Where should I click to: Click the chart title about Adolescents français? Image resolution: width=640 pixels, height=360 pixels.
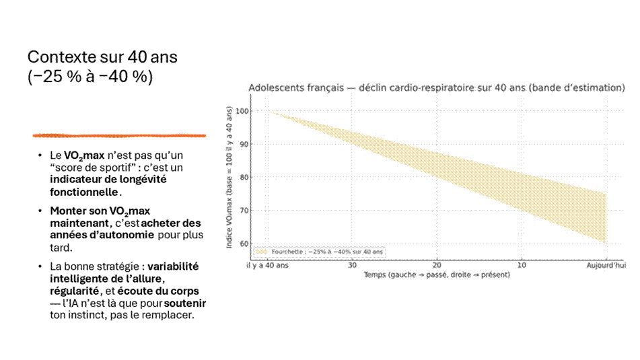[437, 87]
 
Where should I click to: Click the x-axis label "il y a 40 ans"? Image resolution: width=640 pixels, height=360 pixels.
[267, 265]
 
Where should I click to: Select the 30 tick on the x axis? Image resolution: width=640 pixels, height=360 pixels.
[352, 265]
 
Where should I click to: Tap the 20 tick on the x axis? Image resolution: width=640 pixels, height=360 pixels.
[437, 265]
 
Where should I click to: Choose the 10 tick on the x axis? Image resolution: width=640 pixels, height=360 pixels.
[522, 265]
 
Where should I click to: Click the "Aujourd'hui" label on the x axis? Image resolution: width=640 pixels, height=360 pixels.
[606, 265]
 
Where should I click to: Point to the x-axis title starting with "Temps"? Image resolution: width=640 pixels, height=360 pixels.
[437, 275]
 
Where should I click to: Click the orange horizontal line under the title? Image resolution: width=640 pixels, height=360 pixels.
[119, 135]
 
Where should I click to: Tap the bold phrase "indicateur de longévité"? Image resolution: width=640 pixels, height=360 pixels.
[108, 180]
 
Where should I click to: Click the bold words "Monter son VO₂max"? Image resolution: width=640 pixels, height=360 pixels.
[100, 211]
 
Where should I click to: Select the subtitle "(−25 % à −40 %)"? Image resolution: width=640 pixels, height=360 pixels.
[90, 77]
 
